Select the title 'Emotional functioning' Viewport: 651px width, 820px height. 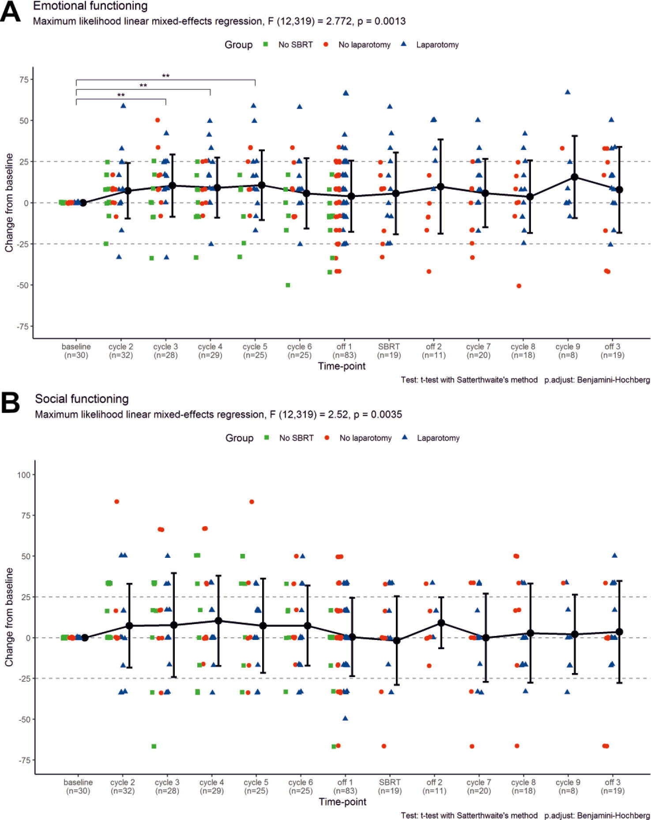pyautogui.click(x=90, y=6)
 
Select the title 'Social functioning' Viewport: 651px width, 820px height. pyautogui.click(x=82, y=399)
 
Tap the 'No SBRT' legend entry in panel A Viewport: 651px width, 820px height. pyautogui.click(x=295, y=45)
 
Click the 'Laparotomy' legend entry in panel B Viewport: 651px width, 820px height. pyautogui.click(x=438, y=438)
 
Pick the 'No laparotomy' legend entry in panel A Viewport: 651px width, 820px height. pyautogui.click(x=364, y=45)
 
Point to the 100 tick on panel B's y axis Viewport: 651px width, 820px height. pyautogui.click(x=23, y=475)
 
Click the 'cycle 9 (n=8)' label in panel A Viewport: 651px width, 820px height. pyautogui.click(x=568, y=351)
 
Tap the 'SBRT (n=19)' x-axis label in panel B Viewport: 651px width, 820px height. pyautogui.click(x=390, y=786)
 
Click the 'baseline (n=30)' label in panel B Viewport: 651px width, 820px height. pyautogui.click(x=78, y=786)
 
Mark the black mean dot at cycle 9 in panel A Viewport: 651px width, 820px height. pyautogui.click(x=574, y=177)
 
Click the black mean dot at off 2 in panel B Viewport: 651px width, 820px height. pyautogui.click(x=441, y=623)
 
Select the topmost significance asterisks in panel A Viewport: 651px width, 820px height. pyautogui.click(x=166, y=76)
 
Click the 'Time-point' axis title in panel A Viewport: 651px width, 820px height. pyautogui.click(x=342, y=366)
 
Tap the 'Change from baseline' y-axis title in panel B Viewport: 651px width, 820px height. pyautogui.click(x=9, y=617)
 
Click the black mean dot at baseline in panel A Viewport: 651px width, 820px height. pyautogui.click(x=83, y=203)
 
